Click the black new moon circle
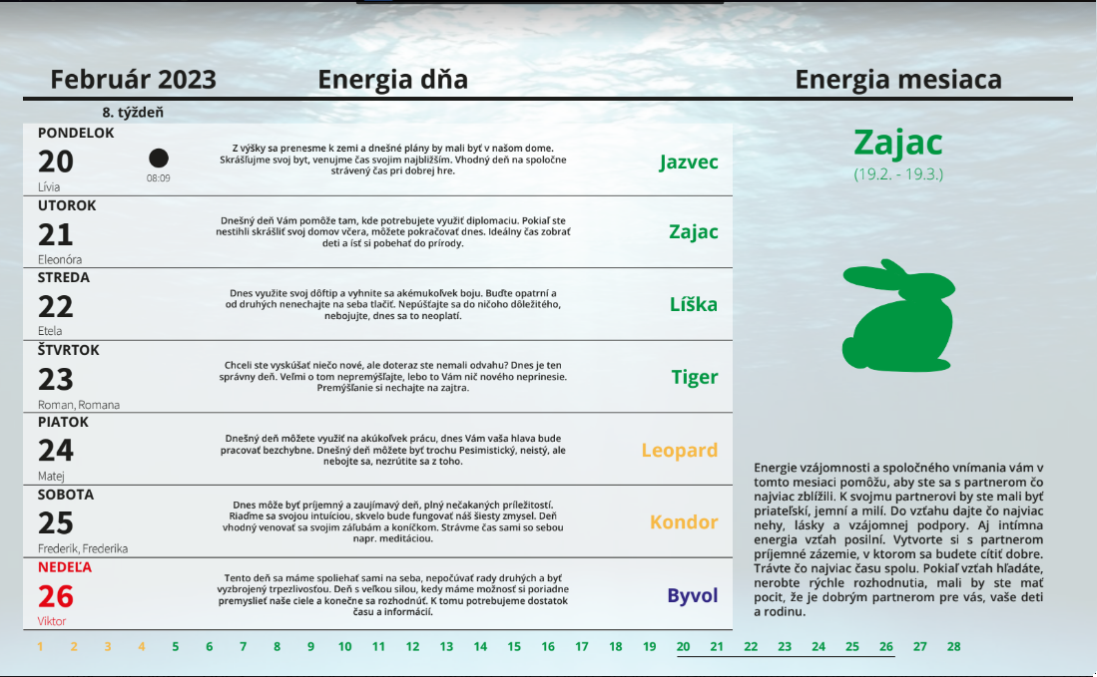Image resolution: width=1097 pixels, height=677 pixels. tap(159, 159)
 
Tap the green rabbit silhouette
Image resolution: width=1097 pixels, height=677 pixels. tap(899, 315)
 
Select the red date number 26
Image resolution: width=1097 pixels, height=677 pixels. tap(55, 596)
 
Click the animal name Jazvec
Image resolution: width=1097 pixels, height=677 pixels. tap(689, 163)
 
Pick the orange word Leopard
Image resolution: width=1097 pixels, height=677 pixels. tap(680, 451)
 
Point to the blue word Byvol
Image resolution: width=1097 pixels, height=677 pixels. tap(693, 595)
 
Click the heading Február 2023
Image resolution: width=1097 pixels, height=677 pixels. tap(133, 80)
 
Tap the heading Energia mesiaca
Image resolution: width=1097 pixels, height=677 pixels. tap(898, 80)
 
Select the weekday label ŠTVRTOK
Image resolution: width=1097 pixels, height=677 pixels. tap(69, 350)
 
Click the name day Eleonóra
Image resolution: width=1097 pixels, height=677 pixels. tap(60, 259)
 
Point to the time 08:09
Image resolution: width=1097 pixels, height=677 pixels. tap(158, 178)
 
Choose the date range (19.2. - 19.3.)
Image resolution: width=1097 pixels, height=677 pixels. tap(898, 173)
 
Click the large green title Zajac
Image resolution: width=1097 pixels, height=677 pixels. tap(898, 143)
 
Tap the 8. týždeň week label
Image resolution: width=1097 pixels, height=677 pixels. tap(133, 113)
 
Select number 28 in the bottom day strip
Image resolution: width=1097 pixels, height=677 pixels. tap(953, 647)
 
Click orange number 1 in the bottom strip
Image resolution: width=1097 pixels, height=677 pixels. tap(41, 647)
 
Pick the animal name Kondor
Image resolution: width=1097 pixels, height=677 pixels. tap(684, 522)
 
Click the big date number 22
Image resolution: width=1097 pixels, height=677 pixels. tap(55, 307)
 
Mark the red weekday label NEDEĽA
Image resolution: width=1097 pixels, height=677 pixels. tap(65, 567)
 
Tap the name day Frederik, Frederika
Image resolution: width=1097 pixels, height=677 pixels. tap(83, 548)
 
